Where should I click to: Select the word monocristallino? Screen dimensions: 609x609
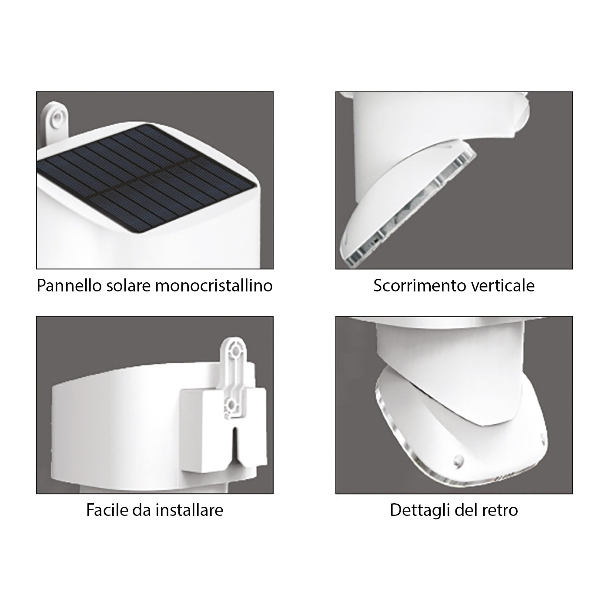214,286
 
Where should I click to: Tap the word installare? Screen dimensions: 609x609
189,510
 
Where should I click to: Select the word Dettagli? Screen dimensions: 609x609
420,510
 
